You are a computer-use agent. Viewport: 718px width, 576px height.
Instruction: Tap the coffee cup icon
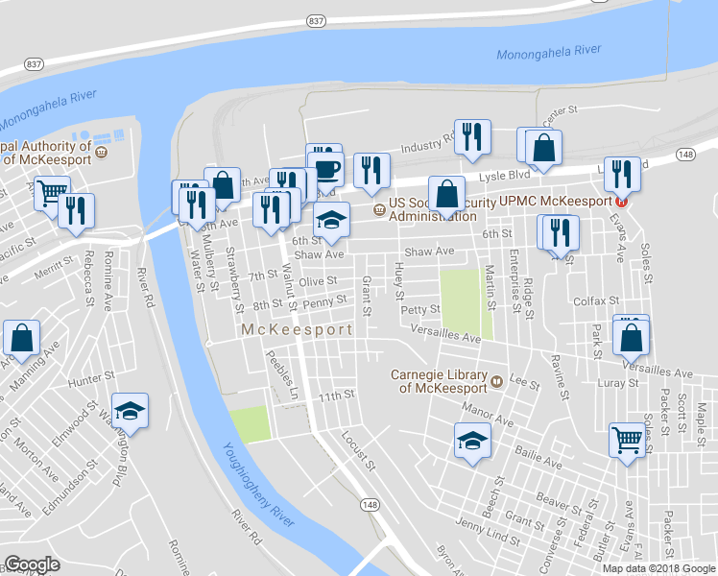pos(328,170)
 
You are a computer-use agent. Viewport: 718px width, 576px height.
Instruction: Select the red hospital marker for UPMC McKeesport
pos(621,202)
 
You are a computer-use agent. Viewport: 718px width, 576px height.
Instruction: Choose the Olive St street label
pos(318,281)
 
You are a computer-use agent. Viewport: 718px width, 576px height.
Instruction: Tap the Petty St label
pos(419,309)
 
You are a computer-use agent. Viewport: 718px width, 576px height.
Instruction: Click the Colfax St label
pos(591,300)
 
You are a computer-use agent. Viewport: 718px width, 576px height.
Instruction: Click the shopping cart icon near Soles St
pos(627,441)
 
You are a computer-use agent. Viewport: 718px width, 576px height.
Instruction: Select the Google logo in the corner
pos(33,564)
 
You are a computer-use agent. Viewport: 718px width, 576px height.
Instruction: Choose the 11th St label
pos(337,395)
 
